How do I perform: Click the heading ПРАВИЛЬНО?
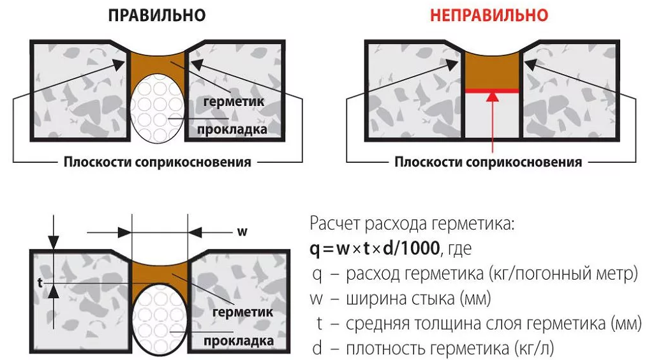click(157, 16)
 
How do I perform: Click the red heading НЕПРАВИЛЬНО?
click(489, 16)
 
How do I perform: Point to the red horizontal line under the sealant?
click(491, 91)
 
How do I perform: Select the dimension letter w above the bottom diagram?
click(242, 231)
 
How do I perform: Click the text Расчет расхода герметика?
click(412, 225)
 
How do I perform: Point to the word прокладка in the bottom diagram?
click(239, 341)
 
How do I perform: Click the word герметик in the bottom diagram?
click(242, 312)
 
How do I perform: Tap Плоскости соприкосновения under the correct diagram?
click(157, 161)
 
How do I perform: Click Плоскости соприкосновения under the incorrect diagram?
click(488, 161)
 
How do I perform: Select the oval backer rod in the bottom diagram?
click(159, 317)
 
